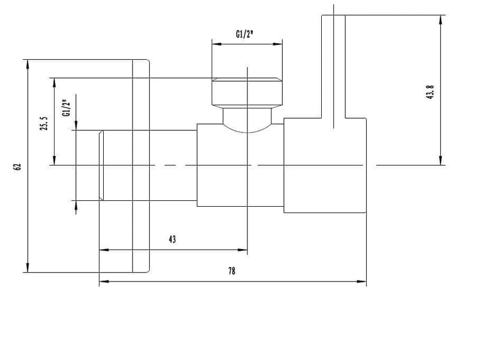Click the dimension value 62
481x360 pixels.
pyautogui.click(x=18, y=167)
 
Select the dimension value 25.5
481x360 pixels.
pyautogui.click(x=44, y=123)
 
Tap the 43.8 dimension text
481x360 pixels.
pyautogui.click(x=430, y=92)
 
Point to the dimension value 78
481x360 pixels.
pyautogui.click(x=232, y=271)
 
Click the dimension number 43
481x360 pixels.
pyautogui.click(x=173, y=239)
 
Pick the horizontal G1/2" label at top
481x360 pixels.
pyautogui.click(x=245, y=34)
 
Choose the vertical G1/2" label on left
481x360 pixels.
pyautogui.click(x=67, y=108)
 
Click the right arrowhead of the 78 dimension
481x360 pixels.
pyautogui.click(x=362, y=281)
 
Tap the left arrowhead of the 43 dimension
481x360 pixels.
pyautogui.click(x=104, y=250)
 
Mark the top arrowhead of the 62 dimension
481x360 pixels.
pyautogui.click(x=28, y=65)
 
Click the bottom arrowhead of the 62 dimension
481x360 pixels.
pyautogui.click(x=28, y=268)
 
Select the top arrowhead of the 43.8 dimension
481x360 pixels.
pyautogui.click(x=441, y=20)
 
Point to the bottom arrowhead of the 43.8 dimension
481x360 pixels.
pyautogui.click(x=441, y=160)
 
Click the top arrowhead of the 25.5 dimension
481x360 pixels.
pyautogui.click(x=55, y=83)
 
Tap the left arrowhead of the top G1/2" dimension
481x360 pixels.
pyautogui.click(x=216, y=44)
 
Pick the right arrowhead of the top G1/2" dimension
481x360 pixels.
pyautogui.click(x=277, y=44)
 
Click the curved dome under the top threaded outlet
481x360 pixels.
pyautogui.click(x=247, y=131)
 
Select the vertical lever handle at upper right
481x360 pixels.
pyautogui.click(x=333, y=66)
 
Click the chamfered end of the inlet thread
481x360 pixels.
pyautogui.click(x=101, y=166)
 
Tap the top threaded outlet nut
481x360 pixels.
pyautogui.click(x=247, y=91)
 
